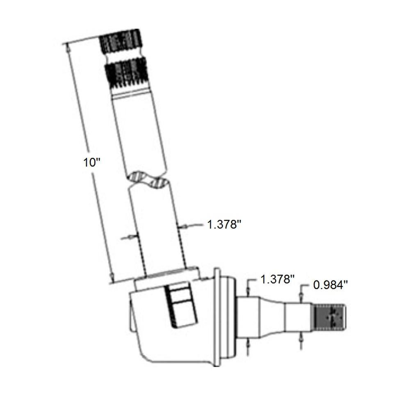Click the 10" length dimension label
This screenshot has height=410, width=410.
[x=92, y=162]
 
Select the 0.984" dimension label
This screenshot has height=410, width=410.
[x=330, y=285]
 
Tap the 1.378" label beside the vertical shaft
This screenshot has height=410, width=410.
[x=224, y=224]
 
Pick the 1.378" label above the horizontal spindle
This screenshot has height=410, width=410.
[x=278, y=279]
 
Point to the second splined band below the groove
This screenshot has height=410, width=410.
[x=127, y=73]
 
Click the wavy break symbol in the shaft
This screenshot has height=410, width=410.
[x=147, y=180]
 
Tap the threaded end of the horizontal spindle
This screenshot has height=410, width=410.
[x=329, y=317]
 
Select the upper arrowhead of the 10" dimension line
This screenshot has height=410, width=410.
[x=68, y=48]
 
